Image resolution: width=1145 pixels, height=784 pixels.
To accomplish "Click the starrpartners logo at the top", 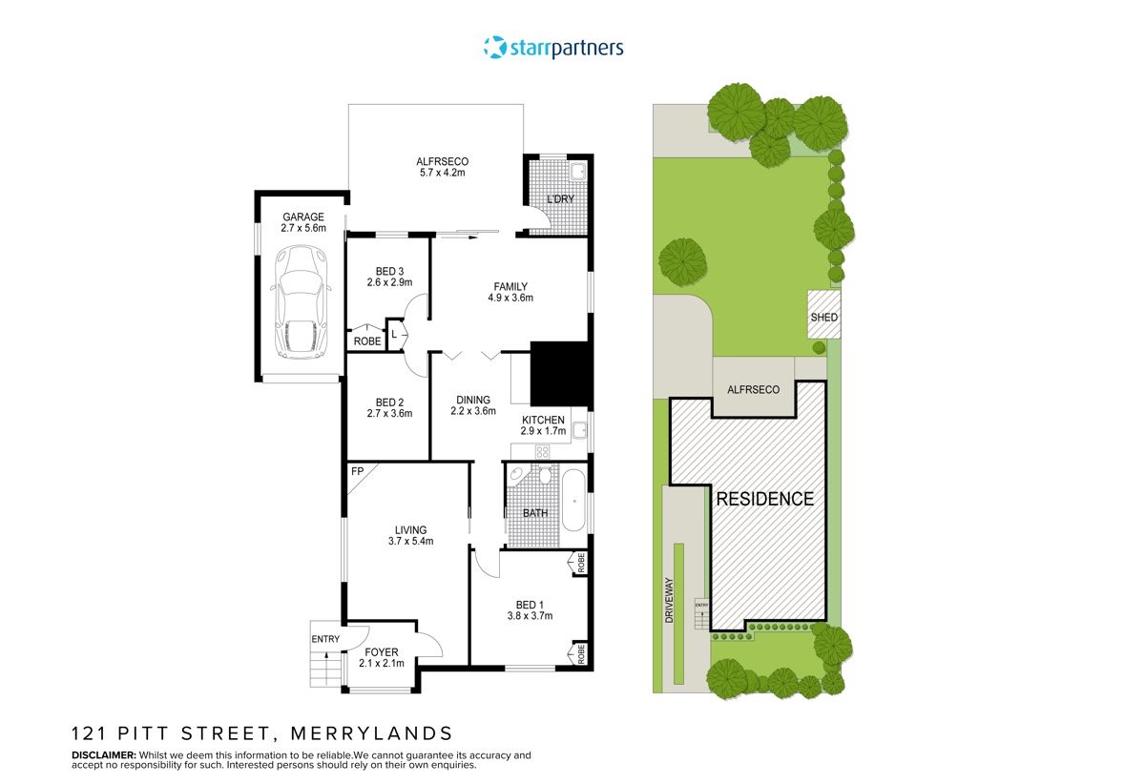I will point(553,47).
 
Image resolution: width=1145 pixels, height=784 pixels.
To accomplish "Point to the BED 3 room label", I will point(388,277).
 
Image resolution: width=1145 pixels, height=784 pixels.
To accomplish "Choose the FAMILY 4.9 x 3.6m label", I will point(510,292).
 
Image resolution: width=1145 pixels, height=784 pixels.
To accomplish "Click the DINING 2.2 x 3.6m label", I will point(473,405).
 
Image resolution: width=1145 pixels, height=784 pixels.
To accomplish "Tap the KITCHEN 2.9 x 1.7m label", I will point(543,425).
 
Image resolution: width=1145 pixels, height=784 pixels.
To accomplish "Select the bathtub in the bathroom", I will point(572,500).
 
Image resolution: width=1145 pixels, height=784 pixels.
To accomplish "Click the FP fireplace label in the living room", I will point(358,472).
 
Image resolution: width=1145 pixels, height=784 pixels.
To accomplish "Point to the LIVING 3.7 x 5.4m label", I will point(410,535).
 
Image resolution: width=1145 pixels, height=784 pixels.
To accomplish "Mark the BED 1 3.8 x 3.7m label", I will point(529,609).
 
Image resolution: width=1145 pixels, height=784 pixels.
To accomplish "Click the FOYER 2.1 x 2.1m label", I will point(382,658).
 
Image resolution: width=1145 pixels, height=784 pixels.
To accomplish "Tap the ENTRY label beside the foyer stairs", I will point(324,639).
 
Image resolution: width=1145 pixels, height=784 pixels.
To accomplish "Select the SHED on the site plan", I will point(823,318).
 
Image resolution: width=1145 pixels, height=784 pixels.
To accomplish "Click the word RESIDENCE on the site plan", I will point(764,499).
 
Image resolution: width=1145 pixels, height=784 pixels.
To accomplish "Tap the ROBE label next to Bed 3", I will point(366,340).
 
